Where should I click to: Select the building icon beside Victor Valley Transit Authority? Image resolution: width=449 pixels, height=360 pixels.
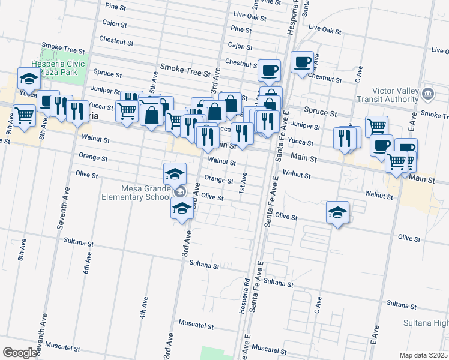pyautogui.click(x=428, y=93)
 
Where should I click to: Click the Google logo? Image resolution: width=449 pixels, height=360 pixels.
pyautogui.click(x=19, y=353)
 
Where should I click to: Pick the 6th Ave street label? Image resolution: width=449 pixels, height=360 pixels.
pyautogui.click(x=88, y=263)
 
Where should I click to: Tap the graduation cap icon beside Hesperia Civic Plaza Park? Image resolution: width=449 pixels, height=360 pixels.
pyautogui.click(x=28, y=78)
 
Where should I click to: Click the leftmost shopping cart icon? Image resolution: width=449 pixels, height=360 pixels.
pyautogui.click(x=24, y=114)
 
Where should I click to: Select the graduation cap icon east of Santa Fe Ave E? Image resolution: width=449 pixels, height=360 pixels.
pyautogui.click(x=338, y=212)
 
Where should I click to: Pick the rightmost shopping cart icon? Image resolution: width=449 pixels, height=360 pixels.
pyautogui.click(x=397, y=160)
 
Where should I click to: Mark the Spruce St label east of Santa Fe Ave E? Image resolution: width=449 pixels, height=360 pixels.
pyautogui.click(x=319, y=110)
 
